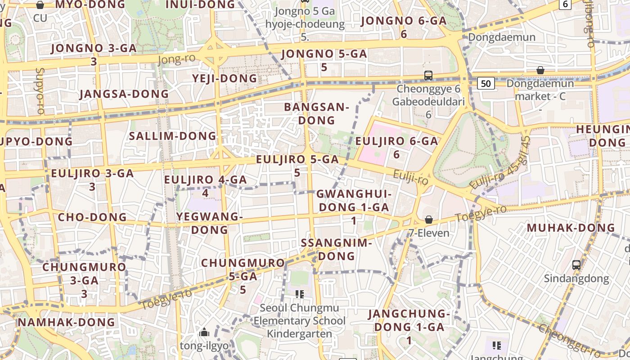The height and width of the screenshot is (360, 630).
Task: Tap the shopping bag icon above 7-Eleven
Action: tap(429, 220)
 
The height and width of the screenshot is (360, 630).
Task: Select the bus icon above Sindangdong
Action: tap(576, 265)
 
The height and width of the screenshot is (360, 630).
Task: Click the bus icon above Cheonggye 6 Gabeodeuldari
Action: tap(428, 75)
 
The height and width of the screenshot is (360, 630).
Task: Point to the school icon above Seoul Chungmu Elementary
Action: tap(300, 294)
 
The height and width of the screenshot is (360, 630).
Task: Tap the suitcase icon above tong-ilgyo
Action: tap(204, 333)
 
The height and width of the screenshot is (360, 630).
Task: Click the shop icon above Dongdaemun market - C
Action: tap(540, 70)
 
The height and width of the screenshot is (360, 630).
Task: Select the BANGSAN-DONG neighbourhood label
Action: tap(317, 114)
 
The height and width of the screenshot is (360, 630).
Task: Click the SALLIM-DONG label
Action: tap(173, 136)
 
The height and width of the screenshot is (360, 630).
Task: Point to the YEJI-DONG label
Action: tap(225, 78)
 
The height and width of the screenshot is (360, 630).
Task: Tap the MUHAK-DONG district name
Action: tap(571, 228)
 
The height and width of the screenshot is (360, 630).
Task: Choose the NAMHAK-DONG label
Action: tap(67, 322)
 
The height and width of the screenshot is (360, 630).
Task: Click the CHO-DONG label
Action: tap(92, 217)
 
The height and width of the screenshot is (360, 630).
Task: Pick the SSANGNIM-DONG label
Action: tap(337, 249)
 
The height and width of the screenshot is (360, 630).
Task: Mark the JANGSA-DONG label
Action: tap(124, 94)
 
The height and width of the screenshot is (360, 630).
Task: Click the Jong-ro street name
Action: tap(177, 59)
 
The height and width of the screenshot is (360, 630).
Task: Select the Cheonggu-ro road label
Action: tap(570, 342)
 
